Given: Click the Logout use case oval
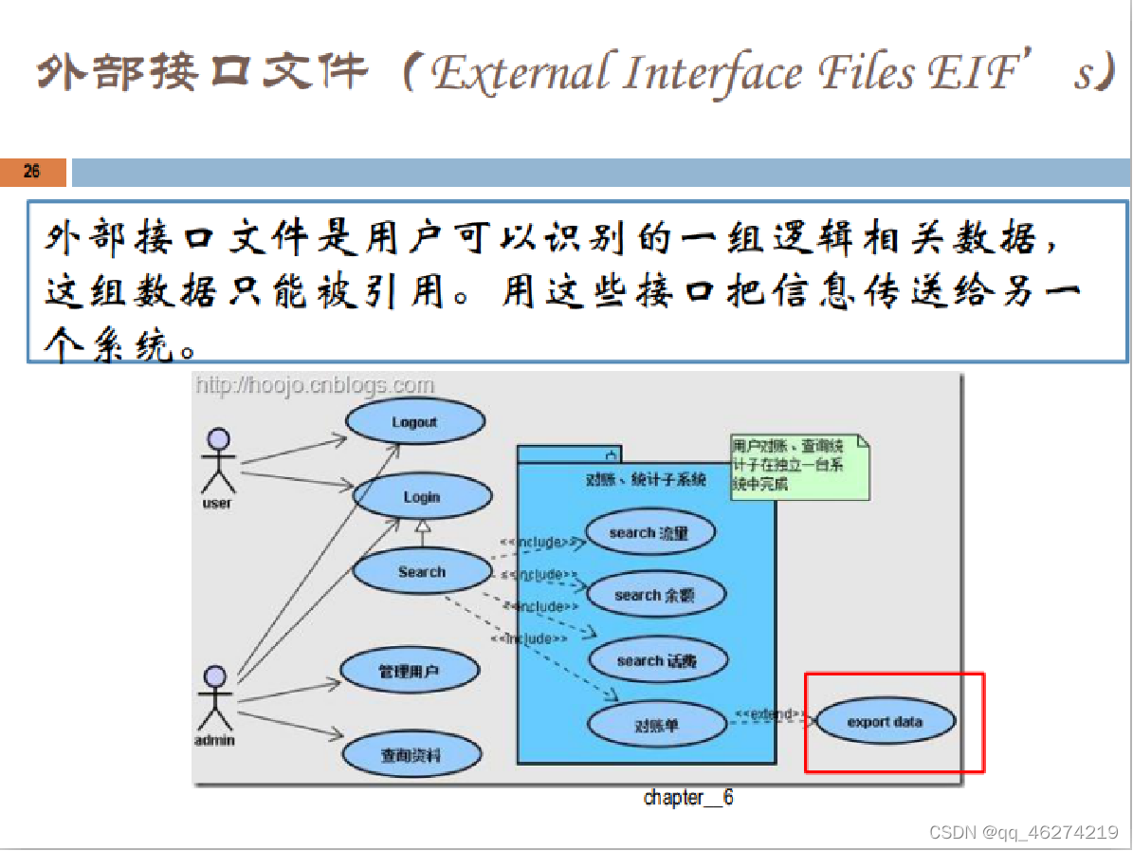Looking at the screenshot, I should tap(414, 422).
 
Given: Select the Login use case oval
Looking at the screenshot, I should tap(422, 497).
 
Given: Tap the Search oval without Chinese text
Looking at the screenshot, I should tap(422, 572).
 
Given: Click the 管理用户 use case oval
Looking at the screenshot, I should tap(410, 672).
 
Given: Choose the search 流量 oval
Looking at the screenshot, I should tap(649, 533).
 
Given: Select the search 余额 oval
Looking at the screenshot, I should tap(655, 596).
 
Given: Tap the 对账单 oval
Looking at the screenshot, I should tap(657, 726).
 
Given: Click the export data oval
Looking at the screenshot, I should tap(885, 722).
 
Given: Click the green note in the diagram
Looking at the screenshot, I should tap(799, 466).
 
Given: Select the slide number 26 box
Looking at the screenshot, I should tap(33, 172).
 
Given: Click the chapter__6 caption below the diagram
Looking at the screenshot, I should tap(688, 798).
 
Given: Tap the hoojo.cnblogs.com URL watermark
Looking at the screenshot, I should tap(315, 385).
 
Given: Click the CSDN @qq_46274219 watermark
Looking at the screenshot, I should tap(1024, 833).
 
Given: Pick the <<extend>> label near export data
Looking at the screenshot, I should tap(770, 713).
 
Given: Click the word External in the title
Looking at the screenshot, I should tap(521, 74).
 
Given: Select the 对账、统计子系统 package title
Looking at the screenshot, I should tap(646, 480).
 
